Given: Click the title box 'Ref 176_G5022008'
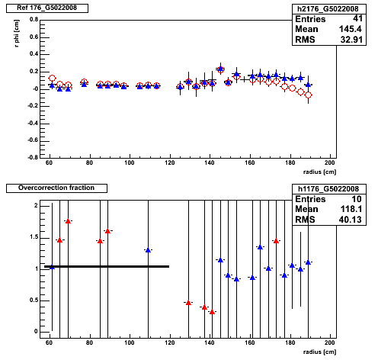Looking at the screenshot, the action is pyautogui.click(x=47, y=8).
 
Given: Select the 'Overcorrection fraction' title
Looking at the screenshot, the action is pyautogui.click(x=56, y=188).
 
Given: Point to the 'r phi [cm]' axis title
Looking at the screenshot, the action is pyautogui.click(x=17, y=34).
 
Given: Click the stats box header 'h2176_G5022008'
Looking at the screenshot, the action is pyautogui.click(x=328, y=9).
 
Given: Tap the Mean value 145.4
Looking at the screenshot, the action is pyautogui.click(x=350, y=29).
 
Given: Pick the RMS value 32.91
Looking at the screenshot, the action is pyautogui.click(x=351, y=40).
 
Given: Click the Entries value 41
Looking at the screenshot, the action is pyautogui.click(x=357, y=18).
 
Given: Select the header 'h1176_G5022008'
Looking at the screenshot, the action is pyautogui.click(x=328, y=189).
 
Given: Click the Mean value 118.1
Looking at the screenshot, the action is pyautogui.click(x=351, y=209).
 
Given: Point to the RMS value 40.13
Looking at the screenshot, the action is pyautogui.click(x=350, y=220).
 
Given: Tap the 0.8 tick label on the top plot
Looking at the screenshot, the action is pyautogui.click(x=34, y=20).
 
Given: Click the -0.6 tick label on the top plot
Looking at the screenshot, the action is pyautogui.click(x=33, y=140).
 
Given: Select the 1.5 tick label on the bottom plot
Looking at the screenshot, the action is pyautogui.click(x=34, y=237).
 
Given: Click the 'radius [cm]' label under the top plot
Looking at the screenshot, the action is pyautogui.click(x=319, y=172).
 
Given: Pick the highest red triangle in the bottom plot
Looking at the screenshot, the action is pyautogui.click(x=68, y=221).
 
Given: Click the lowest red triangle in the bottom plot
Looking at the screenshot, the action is pyautogui.click(x=212, y=312).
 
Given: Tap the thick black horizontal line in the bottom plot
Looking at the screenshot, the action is pyautogui.click(x=107, y=266).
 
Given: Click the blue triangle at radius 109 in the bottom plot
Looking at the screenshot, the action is pyautogui.click(x=148, y=250).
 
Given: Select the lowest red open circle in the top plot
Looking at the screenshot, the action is pyautogui.click(x=309, y=95).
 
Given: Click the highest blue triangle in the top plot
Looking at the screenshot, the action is pyautogui.click(x=220, y=69).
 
